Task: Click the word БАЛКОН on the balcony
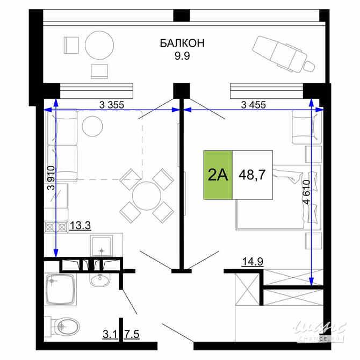point(182,43)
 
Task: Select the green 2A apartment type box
point(218,175)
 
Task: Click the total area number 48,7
point(252,175)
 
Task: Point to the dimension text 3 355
point(112,105)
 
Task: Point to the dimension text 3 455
point(255,105)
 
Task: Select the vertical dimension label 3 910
point(51,177)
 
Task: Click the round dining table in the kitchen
point(146,196)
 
